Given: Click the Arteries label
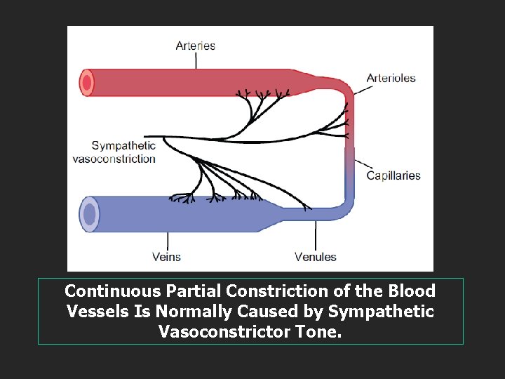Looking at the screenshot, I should click(195, 46).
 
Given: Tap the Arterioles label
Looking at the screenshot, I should click(391, 78).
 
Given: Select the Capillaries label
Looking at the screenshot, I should click(393, 175).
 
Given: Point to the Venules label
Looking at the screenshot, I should click(315, 257).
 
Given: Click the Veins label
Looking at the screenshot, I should click(166, 257).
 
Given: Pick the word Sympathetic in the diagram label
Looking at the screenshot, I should click(123, 146).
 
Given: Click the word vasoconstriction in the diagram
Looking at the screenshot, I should click(114, 159).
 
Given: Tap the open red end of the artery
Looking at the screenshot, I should click(87, 83).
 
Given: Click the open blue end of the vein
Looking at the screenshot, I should click(89, 213).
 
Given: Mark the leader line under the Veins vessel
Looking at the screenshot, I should click(167, 240).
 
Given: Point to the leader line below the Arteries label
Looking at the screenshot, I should click(196, 60).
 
